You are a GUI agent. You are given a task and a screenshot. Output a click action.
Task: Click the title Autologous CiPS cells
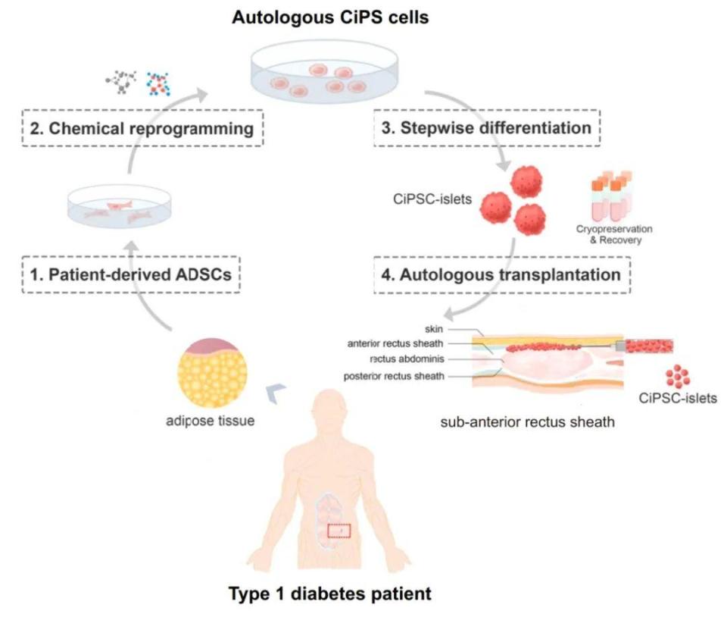[x=330, y=17]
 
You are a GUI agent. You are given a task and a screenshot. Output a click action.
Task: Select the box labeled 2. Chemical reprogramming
[x=142, y=128]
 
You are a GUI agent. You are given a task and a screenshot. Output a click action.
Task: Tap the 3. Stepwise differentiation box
[x=487, y=127]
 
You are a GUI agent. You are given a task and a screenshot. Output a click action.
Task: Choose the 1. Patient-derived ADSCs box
[x=131, y=274]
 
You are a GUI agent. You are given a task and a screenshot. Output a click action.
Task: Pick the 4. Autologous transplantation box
[x=501, y=274]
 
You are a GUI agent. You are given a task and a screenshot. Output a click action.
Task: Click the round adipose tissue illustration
[x=212, y=372]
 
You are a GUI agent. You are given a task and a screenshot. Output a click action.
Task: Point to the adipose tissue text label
[x=210, y=421]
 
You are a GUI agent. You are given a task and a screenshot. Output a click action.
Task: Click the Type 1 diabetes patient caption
[x=329, y=594]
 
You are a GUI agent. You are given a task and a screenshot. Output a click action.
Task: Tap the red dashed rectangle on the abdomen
[x=339, y=531]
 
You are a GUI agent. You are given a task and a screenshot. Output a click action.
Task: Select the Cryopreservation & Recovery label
[x=614, y=234]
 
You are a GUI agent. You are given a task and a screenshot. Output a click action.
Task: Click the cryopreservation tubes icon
[x=611, y=196]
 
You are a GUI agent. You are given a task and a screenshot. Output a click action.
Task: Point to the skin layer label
[x=434, y=329]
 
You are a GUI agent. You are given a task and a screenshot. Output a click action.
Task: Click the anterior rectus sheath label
[x=395, y=343]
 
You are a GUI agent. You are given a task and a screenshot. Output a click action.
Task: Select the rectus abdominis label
[x=407, y=359]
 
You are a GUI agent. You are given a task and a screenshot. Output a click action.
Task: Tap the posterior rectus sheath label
[x=394, y=376]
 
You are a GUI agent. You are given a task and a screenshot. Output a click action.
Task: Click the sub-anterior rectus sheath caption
[x=528, y=421]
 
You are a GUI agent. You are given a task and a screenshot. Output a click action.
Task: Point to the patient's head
[x=329, y=412]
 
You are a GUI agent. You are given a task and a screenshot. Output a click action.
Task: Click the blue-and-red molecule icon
[x=158, y=83]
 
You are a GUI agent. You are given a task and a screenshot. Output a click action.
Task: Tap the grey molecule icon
[x=121, y=82]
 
